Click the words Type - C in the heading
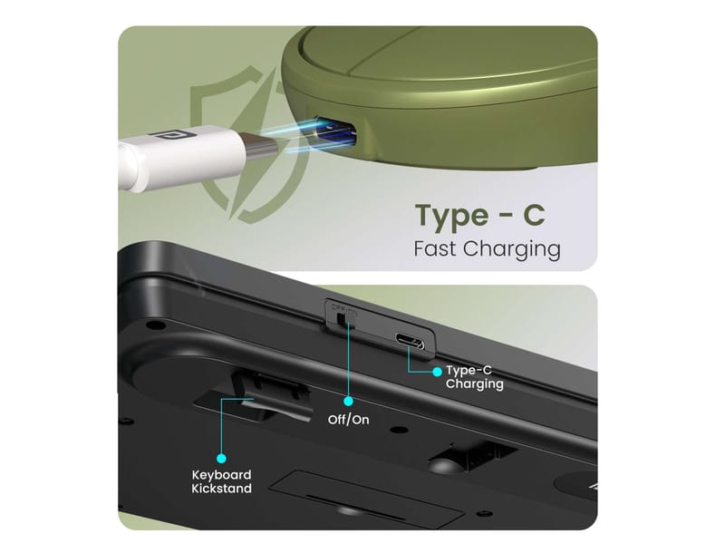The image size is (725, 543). (x=480, y=216)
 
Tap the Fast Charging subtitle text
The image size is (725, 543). (x=487, y=249)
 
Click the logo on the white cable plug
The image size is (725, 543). (x=161, y=135)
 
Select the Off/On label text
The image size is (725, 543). (x=348, y=420)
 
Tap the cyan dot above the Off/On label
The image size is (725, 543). (x=348, y=401)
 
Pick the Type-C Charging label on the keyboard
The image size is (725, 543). (x=474, y=377)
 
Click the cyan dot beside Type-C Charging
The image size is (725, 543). (x=437, y=372)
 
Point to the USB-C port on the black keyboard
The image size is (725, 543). (x=410, y=342)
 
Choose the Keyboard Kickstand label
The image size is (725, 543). (x=221, y=481)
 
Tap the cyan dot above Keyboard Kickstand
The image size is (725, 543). (x=221, y=459)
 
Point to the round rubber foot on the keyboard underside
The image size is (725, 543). (x=444, y=464)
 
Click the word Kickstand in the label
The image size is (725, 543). (x=221, y=489)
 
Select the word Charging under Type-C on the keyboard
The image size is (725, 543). (x=474, y=384)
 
